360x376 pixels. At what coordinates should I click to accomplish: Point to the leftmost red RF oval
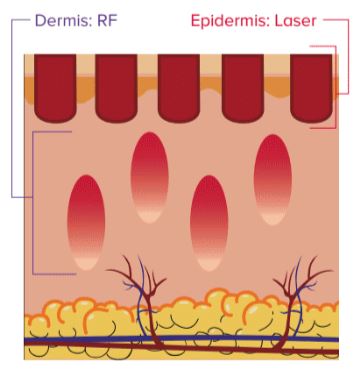coord(85,222)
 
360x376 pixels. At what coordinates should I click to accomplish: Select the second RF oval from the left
coord(148,178)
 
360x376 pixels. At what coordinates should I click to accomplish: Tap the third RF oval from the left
coord(209,222)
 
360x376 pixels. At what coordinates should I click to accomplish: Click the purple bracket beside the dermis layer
coord(35,200)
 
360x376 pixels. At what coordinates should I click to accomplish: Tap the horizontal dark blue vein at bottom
coord(180,342)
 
